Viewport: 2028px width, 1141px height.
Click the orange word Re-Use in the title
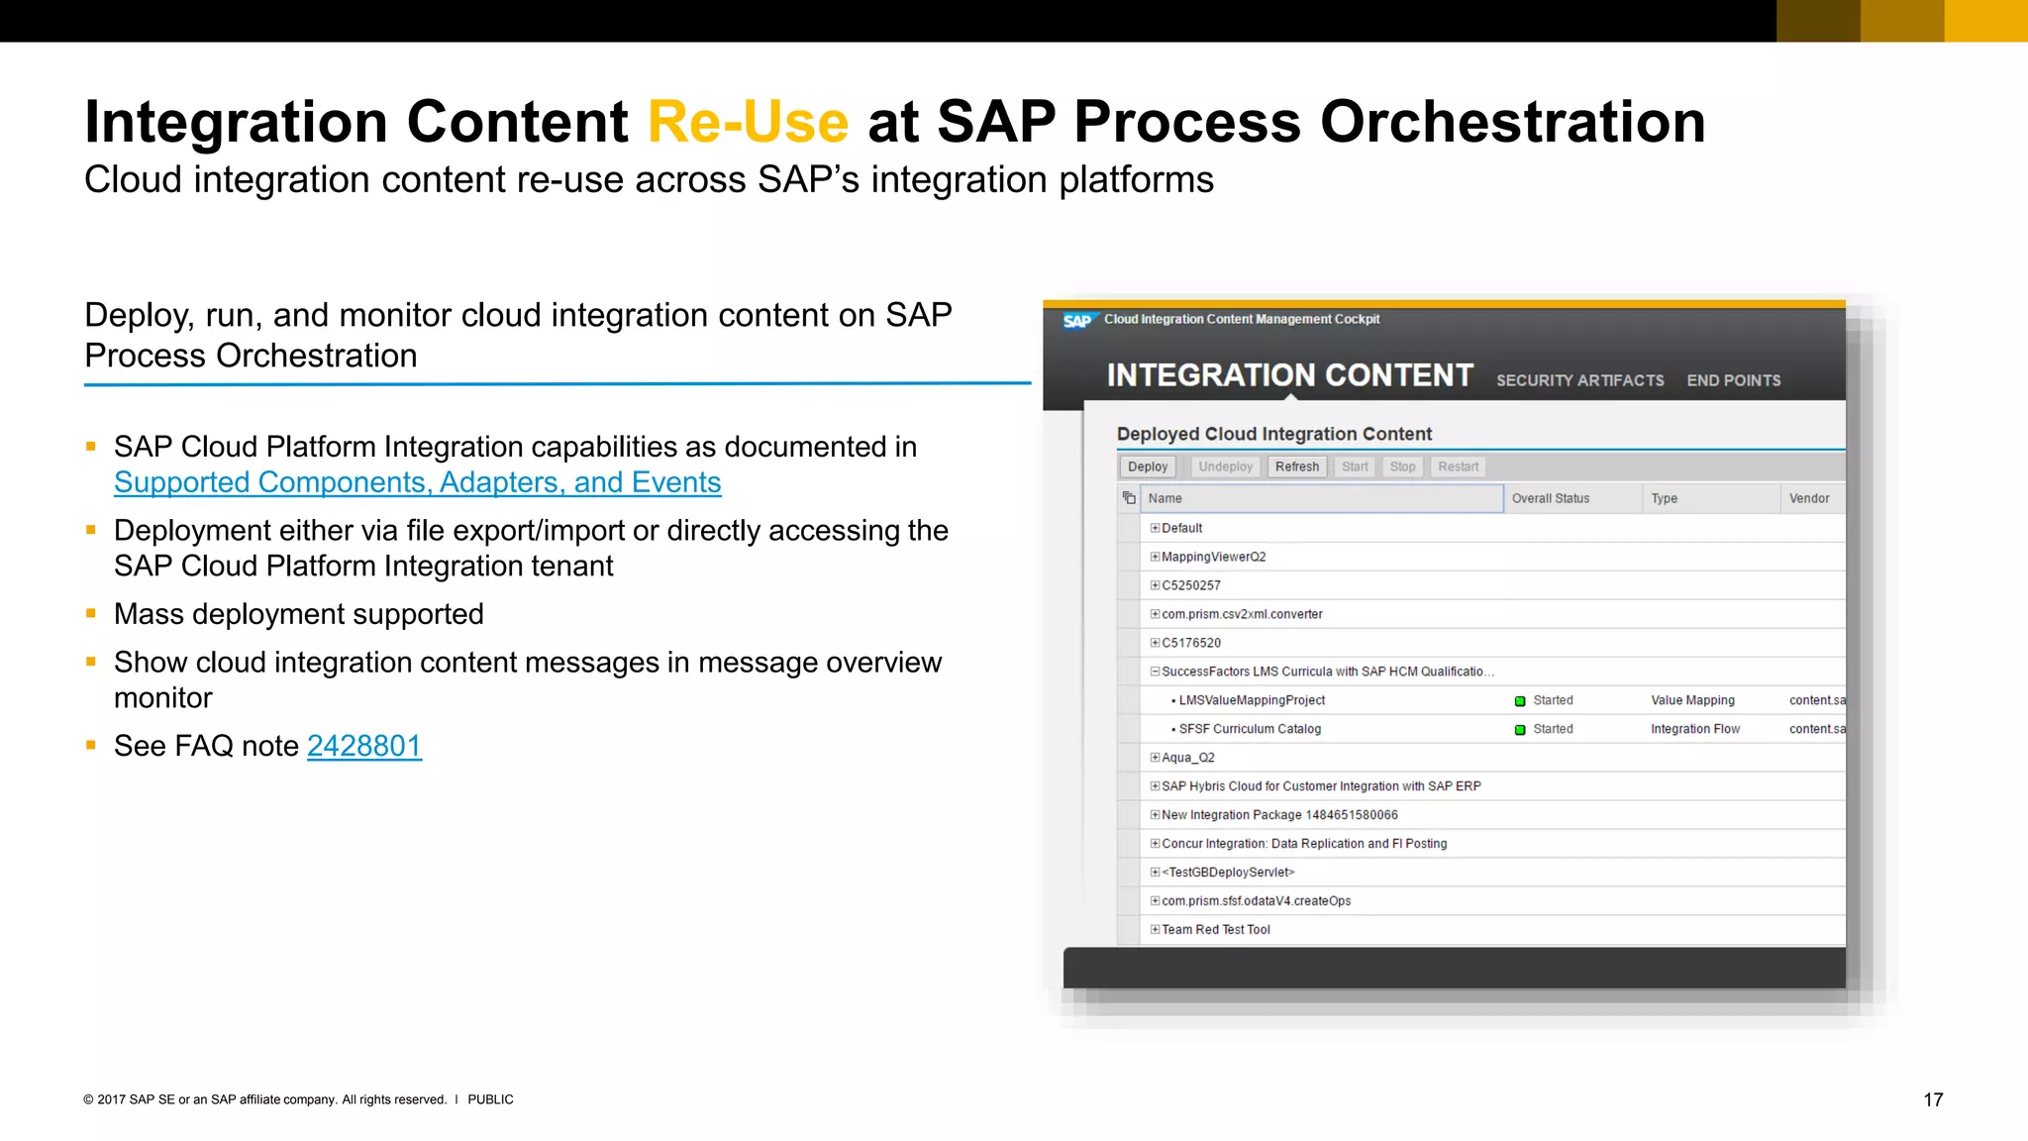click(748, 122)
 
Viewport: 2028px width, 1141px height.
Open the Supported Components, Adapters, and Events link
click(417, 482)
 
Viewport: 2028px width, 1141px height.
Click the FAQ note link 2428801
click(363, 746)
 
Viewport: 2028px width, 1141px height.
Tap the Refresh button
click(1296, 467)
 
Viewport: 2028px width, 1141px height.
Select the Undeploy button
click(1225, 467)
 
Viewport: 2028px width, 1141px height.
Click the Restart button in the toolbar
click(1458, 467)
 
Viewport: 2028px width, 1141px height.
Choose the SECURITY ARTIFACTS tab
click(1579, 380)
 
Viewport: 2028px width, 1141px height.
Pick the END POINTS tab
click(1733, 380)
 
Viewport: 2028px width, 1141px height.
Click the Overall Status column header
click(1550, 498)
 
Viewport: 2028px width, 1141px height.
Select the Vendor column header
click(1808, 498)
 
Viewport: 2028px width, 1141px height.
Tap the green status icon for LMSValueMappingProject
click(1520, 701)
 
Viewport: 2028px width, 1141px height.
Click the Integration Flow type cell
click(1694, 729)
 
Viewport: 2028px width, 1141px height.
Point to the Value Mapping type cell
click(1692, 700)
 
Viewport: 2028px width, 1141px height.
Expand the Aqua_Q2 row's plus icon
click(1155, 758)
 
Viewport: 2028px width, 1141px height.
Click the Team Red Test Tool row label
click(1215, 930)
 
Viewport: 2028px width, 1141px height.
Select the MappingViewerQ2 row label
click(1213, 557)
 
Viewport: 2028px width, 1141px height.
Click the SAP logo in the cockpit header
click(1076, 321)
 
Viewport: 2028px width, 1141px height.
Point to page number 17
click(1933, 1099)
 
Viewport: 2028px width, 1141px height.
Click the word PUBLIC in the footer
click(490, 1099)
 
